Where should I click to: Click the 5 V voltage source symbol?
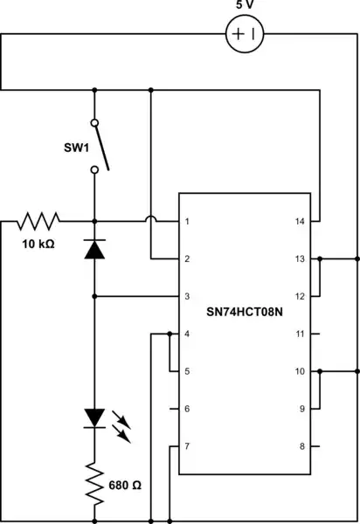[246, 35]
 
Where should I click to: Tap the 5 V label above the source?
[246, 6]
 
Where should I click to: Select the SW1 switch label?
[75, 148]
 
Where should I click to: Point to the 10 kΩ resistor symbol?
[38, 221]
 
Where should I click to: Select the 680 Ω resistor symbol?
[93, 483]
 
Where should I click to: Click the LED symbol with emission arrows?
[94, 418]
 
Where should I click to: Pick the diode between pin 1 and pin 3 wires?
[93, 250]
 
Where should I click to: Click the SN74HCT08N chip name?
[245, 310]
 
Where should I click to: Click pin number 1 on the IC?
[188, 222]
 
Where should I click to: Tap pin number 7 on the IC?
[188, 446]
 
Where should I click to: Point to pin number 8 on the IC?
[301, 446]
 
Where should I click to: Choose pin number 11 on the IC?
[300, 334]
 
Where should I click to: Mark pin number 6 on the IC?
[188, 409]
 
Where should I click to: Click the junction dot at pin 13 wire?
[321, 259]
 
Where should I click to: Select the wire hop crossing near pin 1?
[152, 221]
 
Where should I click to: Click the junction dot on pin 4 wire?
[168, 334]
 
